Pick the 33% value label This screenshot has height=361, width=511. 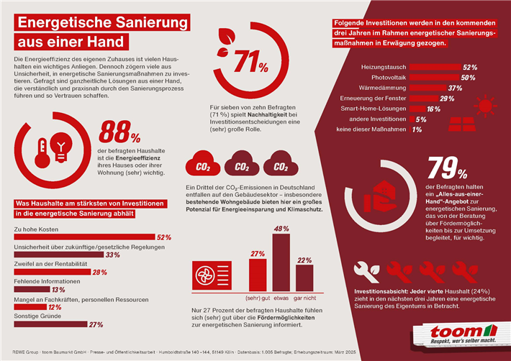click(x=112, y=255)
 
